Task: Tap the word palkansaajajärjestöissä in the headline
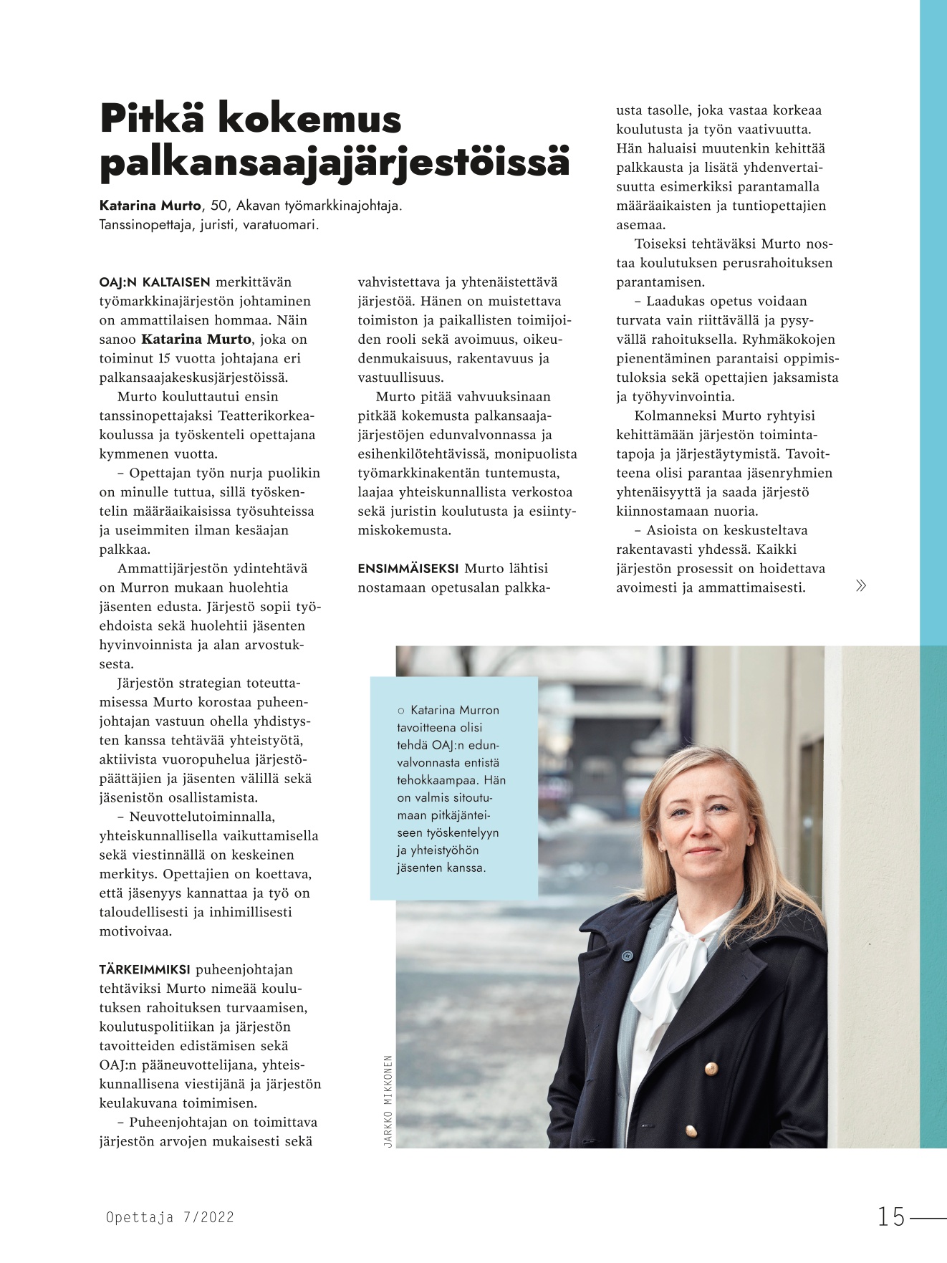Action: pos(335,163)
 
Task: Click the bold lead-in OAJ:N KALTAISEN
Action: pos(155,282)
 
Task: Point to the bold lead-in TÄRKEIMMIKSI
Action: pos(145,970)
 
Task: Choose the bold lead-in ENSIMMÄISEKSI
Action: pos(408,569)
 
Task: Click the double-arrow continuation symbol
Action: pos(861,586)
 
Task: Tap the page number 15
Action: pos(892,1216)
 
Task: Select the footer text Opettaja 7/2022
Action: pos(170,1217)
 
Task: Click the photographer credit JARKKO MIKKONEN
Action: pos(388,1101)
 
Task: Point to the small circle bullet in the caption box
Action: pos(401,711)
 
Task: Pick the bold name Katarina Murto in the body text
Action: pos(196,340)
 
